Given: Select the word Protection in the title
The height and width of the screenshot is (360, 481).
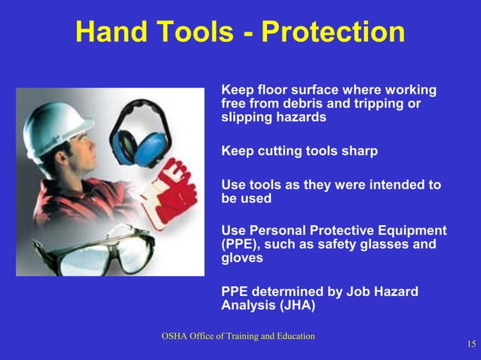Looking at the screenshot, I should point(332,32).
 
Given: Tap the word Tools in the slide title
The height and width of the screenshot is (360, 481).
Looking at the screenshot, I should point(207,32).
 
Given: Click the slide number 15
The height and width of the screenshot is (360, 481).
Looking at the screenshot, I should point(470,345).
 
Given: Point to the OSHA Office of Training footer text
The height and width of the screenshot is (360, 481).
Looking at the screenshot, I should point(237,336).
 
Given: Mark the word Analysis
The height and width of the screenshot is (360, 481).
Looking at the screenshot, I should point(249,306).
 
